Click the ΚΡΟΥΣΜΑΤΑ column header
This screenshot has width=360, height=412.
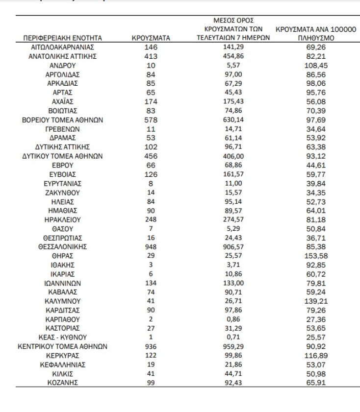click(x=151, y=38)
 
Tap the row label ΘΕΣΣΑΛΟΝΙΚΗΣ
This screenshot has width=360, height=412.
click(x=62, y=246)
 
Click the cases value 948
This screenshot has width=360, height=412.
click(x=151, y=246)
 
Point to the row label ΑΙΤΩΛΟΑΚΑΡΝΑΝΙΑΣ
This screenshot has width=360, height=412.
click(x=62, y=48)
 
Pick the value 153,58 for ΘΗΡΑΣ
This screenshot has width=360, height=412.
click(x=316, y=256)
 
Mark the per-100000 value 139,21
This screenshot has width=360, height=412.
click(x=316, y=301)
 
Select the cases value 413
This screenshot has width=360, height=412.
click(x=151, y=56)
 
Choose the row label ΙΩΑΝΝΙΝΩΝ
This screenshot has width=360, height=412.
click(x=62, y=283)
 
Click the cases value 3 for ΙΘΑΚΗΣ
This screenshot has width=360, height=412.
click(x=151, y=265)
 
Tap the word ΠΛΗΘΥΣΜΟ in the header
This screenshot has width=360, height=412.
click(x=316, y=38)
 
